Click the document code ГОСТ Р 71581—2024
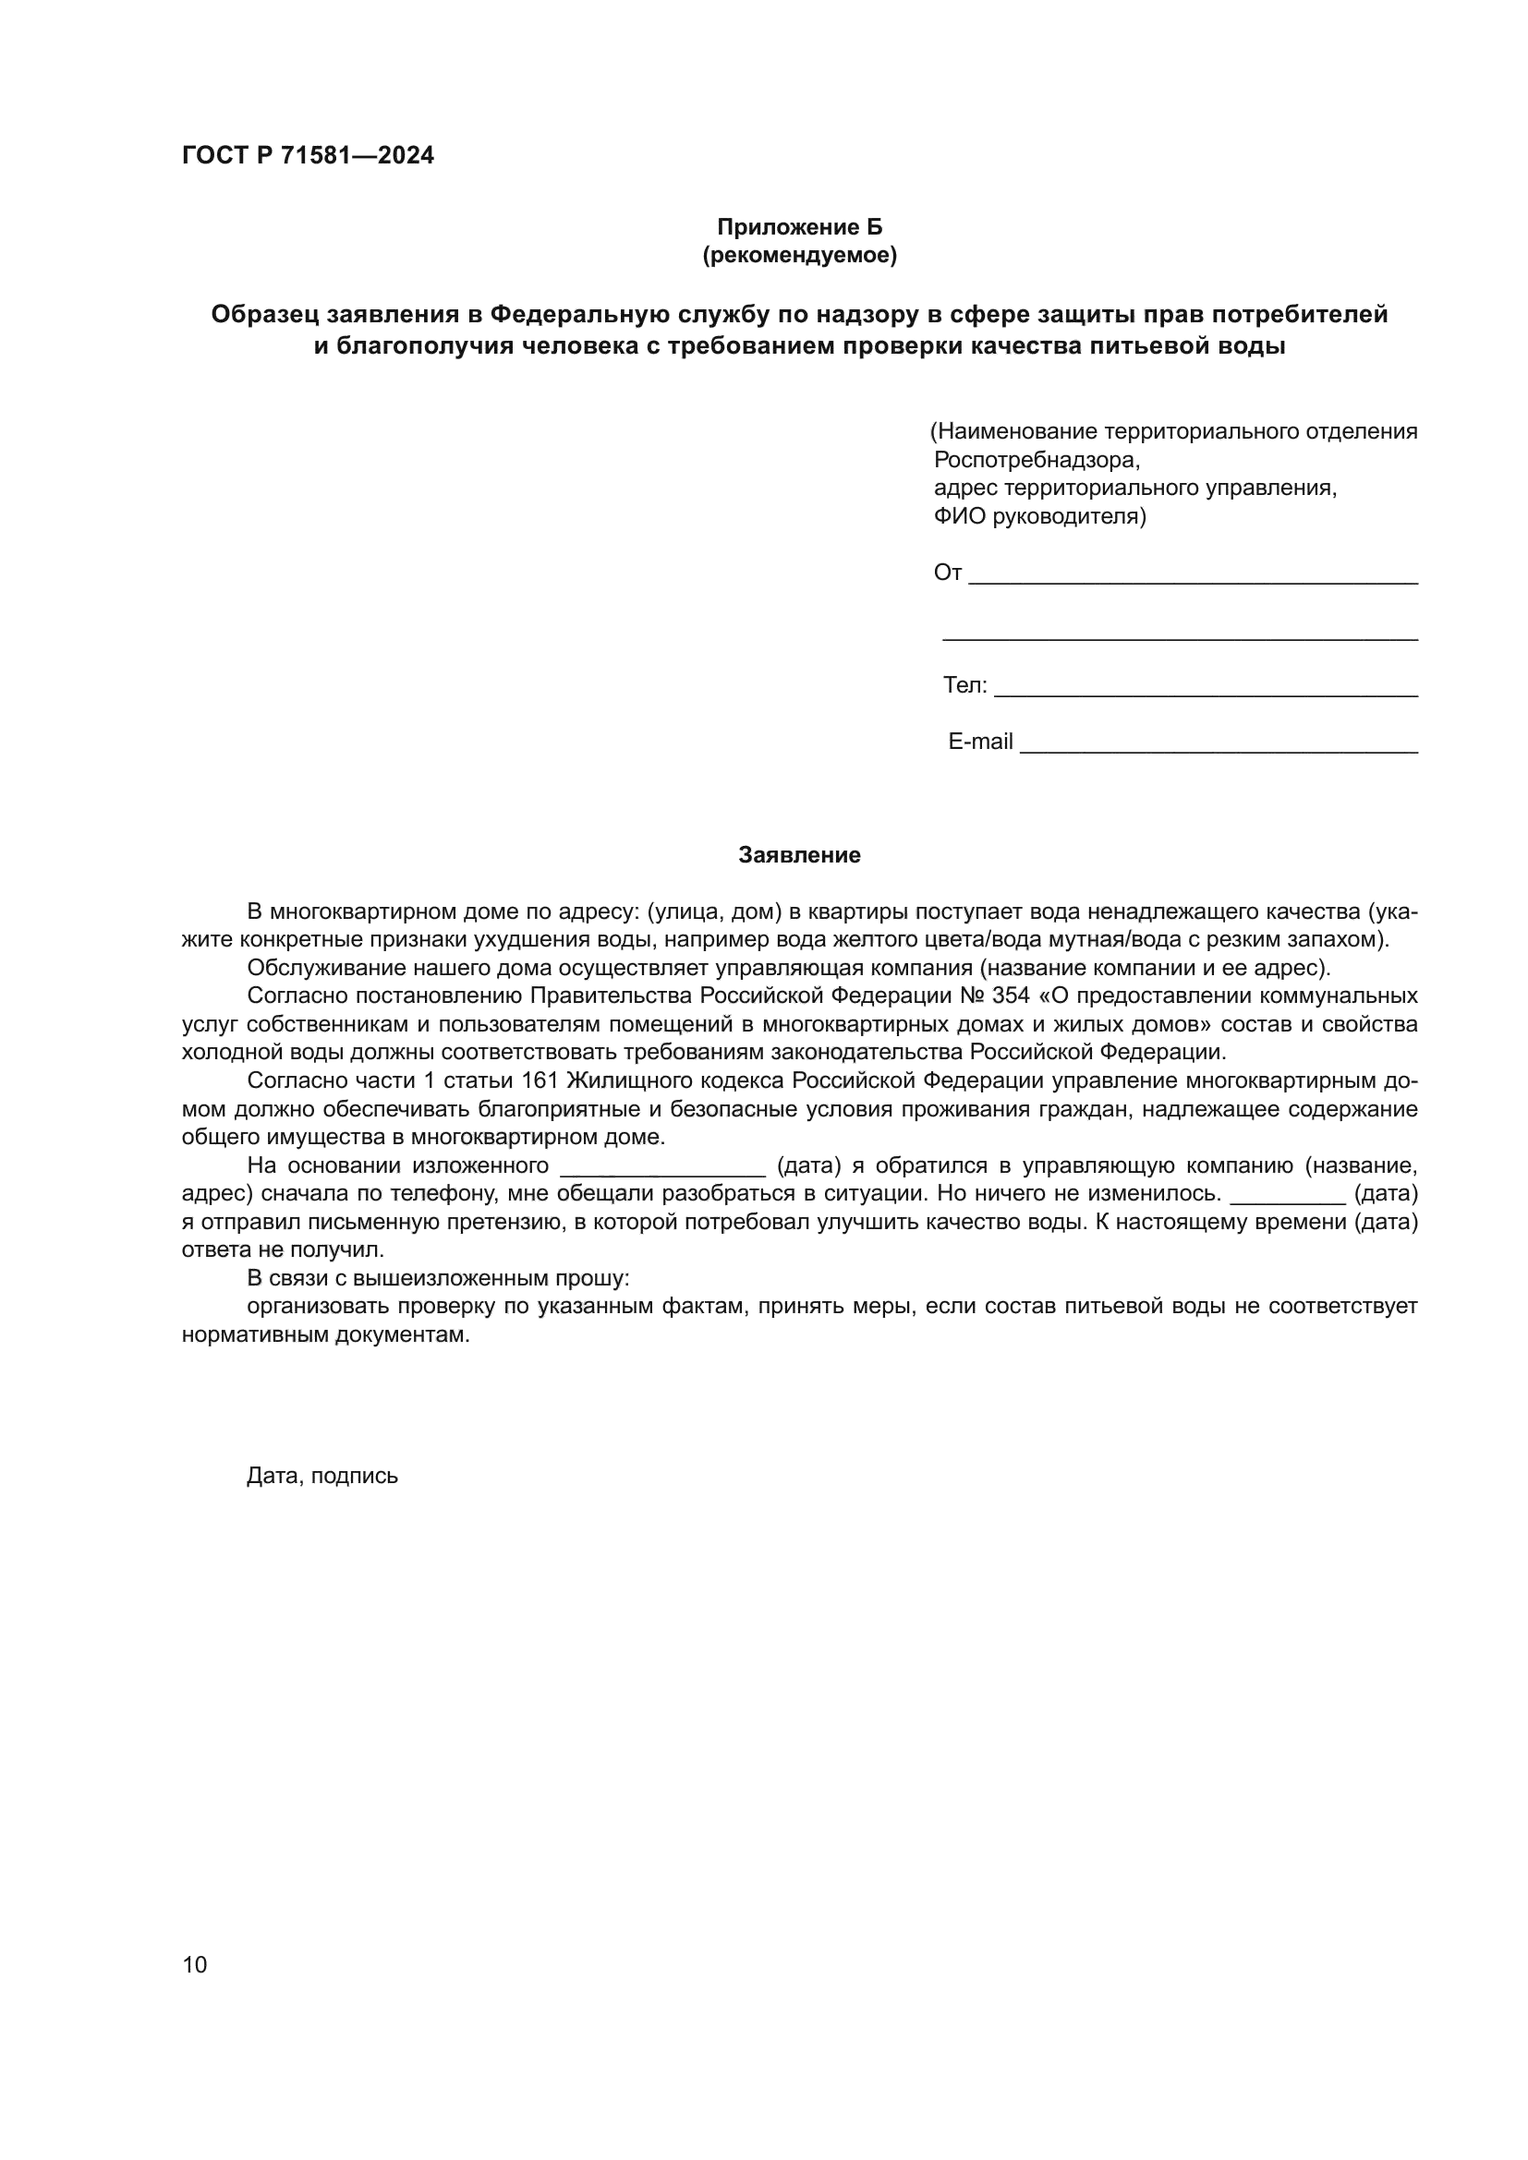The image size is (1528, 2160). tap(308, 156)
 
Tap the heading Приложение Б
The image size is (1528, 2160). tap(799, 228)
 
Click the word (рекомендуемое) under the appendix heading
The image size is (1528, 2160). tap(799, 255)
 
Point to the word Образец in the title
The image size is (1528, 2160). tap(262, 314)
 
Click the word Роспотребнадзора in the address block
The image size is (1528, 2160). tap(1036, 460)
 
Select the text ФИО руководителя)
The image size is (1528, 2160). tap(1039, 516)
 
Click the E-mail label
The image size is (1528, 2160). tap(979, 742)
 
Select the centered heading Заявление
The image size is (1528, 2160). tap(799, 855)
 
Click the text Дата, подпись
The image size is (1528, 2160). tap(321, 1476)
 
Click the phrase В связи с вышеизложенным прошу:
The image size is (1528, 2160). tap(438, 1278)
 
